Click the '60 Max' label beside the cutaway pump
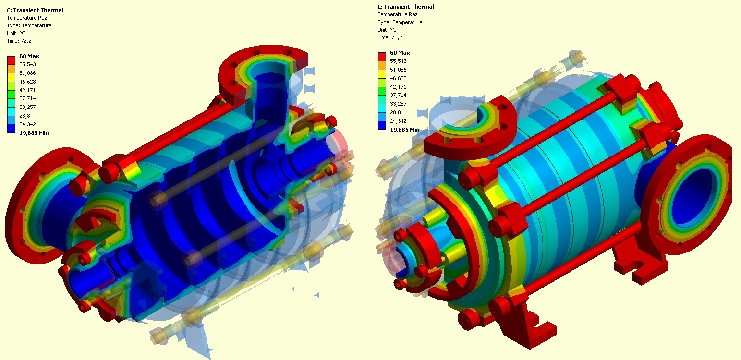tap(29, 56)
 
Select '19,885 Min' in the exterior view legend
tap(404, 130)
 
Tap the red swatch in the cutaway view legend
tap(11, 60)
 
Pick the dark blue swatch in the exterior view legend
tap(382, 125)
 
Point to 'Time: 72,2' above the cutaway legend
tap(19, 41)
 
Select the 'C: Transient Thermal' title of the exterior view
tap(406, 7)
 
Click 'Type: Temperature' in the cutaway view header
tap(29, 25)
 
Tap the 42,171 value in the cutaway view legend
tap(27, 90)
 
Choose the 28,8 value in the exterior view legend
tap(395, 112)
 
